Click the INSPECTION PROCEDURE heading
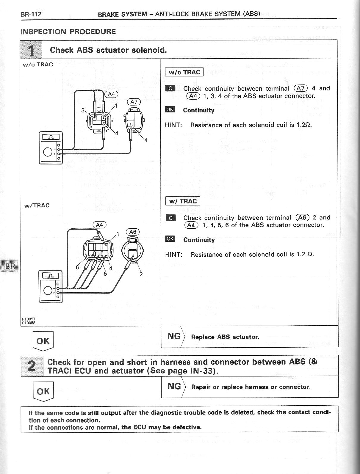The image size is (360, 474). pyautogui.click(x=68, y=32)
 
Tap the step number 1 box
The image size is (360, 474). pyautogui.click(x=31, y=50)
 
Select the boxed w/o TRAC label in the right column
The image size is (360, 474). pyautogui.click(x=184, y=72)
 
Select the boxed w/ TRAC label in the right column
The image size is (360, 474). pyautogui.click(x=183, y=201)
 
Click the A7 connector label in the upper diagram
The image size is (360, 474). pyautogui.click(x=134, y=102)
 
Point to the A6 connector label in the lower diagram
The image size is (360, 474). pyautogui.click(x=133, y=232)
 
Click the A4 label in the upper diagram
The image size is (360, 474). pyautogui.click(x=111, y=94)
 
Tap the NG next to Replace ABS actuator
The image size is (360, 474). pyautogui.click(x=174, y=336)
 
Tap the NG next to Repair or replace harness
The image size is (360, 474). pyautogui.click(x=174, y=387)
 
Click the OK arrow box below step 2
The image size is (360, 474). pyautogui.click(x=43, y=391)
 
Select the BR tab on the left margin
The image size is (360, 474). pyautogui.click(x=10, y=266)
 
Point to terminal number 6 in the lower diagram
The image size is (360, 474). pyautogui.click(x=77, y=267)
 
